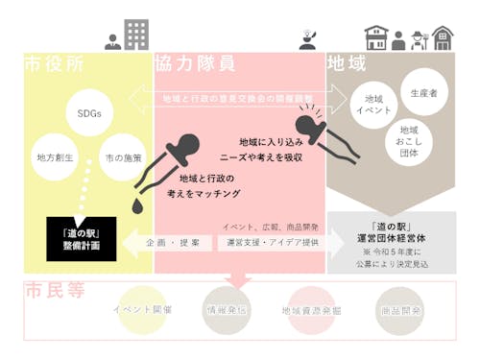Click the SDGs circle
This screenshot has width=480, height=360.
click(89, 113)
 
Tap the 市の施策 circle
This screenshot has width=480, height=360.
click(123, 156)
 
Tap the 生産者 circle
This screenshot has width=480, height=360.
click(423, 93)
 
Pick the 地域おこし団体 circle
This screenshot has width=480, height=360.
click(409, 136)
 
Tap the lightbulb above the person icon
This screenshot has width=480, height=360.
click(308, 30)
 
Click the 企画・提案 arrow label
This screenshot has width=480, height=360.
click(175, 244)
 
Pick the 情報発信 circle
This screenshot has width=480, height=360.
click(227, 310)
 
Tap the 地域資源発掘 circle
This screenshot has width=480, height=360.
click(312, 310)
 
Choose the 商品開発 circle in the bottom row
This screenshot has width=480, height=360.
click(398, 310)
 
